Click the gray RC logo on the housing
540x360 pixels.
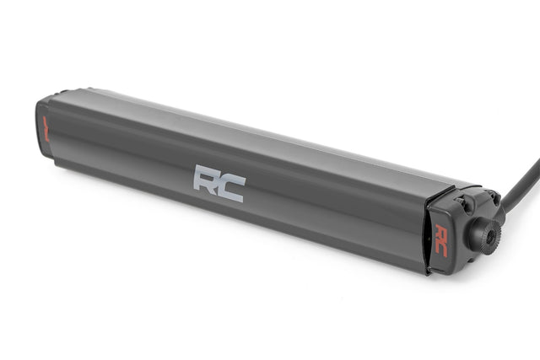point(219,183)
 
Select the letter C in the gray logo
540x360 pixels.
point(230,187)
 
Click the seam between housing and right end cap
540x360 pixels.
point(425,232)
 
